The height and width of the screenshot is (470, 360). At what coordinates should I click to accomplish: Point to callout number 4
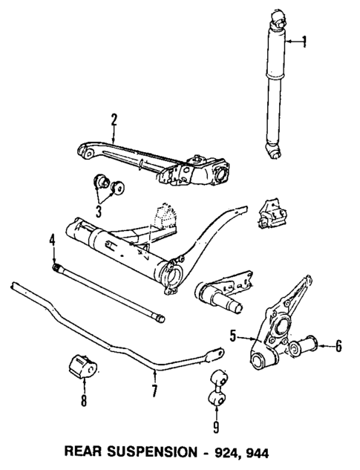click(x=53, y=239)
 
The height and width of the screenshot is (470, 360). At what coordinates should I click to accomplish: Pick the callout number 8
click(x=83, y=402)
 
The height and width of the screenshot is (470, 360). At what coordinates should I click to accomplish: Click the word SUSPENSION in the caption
click(x=167, y=451)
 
